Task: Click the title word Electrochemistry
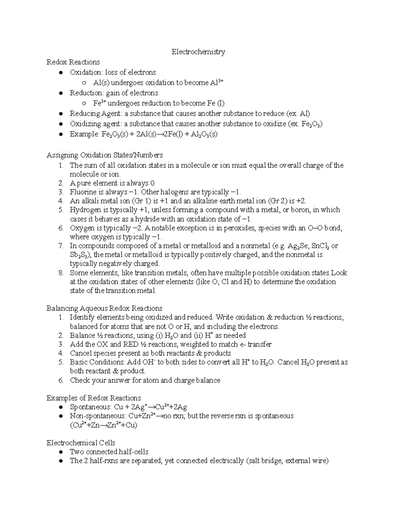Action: click(198, 52)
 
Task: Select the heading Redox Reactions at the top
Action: click(73, 62)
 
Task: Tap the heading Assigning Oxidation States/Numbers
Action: click(105, 155)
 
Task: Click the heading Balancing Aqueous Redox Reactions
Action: click(104, 308)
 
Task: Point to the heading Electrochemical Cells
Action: click(81, 443)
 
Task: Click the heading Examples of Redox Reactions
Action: click(94, 398)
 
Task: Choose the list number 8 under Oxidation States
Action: click(61, 273)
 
